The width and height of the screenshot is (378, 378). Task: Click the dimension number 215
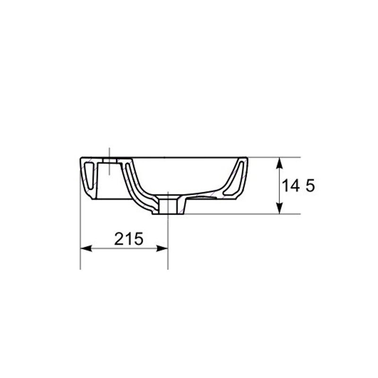129,239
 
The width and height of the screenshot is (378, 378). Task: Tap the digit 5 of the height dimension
310,186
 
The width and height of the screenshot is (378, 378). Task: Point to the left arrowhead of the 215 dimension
86,249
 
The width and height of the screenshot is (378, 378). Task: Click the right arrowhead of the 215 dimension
162,249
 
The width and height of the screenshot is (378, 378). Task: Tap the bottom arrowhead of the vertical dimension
279,208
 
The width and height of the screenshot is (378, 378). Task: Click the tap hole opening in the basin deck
110,160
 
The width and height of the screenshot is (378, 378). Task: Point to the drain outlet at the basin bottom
169,206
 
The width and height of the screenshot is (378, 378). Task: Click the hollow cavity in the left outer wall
89,176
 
